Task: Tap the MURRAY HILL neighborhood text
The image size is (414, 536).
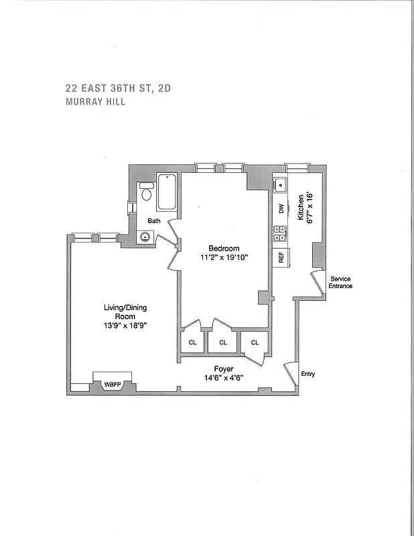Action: coord(95,103)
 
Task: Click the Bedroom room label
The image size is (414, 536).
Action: coord(223,249)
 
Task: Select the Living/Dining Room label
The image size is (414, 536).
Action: coord(125,312)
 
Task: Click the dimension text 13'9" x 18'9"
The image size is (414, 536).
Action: coord(125,326)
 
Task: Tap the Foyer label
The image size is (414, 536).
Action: coord(223,369)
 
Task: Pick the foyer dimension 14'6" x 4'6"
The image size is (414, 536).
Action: coord(223,378)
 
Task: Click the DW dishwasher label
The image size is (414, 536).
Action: coord(281,208)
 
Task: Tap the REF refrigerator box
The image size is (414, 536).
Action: coord(280,256)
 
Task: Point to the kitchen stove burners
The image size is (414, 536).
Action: coord(280,233)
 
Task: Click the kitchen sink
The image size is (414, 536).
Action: coord(280,185)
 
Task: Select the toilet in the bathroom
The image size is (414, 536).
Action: coord(146,193)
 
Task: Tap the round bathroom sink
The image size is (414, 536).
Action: coord(145,236)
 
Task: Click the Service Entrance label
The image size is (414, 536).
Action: coord(340,282)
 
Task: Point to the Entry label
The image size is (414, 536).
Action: coord(308,374)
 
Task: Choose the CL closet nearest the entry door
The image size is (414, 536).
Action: coord(255,342)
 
